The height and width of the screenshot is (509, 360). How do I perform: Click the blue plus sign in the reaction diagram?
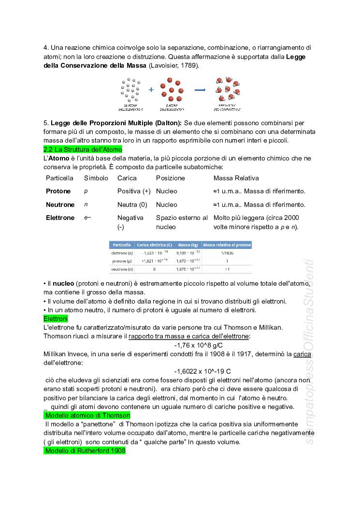(151, 90)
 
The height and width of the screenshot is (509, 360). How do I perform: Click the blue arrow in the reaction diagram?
(200, 90)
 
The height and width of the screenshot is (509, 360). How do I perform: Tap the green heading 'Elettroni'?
(56, 319)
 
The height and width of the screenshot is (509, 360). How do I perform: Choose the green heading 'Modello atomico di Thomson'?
(87, 415)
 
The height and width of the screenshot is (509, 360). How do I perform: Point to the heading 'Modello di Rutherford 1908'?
(85, 451)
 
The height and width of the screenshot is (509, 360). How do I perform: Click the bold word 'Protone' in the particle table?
(58, 191)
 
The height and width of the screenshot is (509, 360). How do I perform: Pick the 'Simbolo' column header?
(96, 178)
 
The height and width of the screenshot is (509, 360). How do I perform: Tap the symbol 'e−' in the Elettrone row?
(87, 218)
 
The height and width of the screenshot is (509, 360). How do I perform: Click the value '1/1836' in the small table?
(227, 253)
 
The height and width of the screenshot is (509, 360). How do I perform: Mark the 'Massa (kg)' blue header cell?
(187, 245)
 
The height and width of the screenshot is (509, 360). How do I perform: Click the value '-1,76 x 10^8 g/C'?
(199, 345)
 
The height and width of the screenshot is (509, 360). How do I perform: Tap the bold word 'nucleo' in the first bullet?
(63, 283)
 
